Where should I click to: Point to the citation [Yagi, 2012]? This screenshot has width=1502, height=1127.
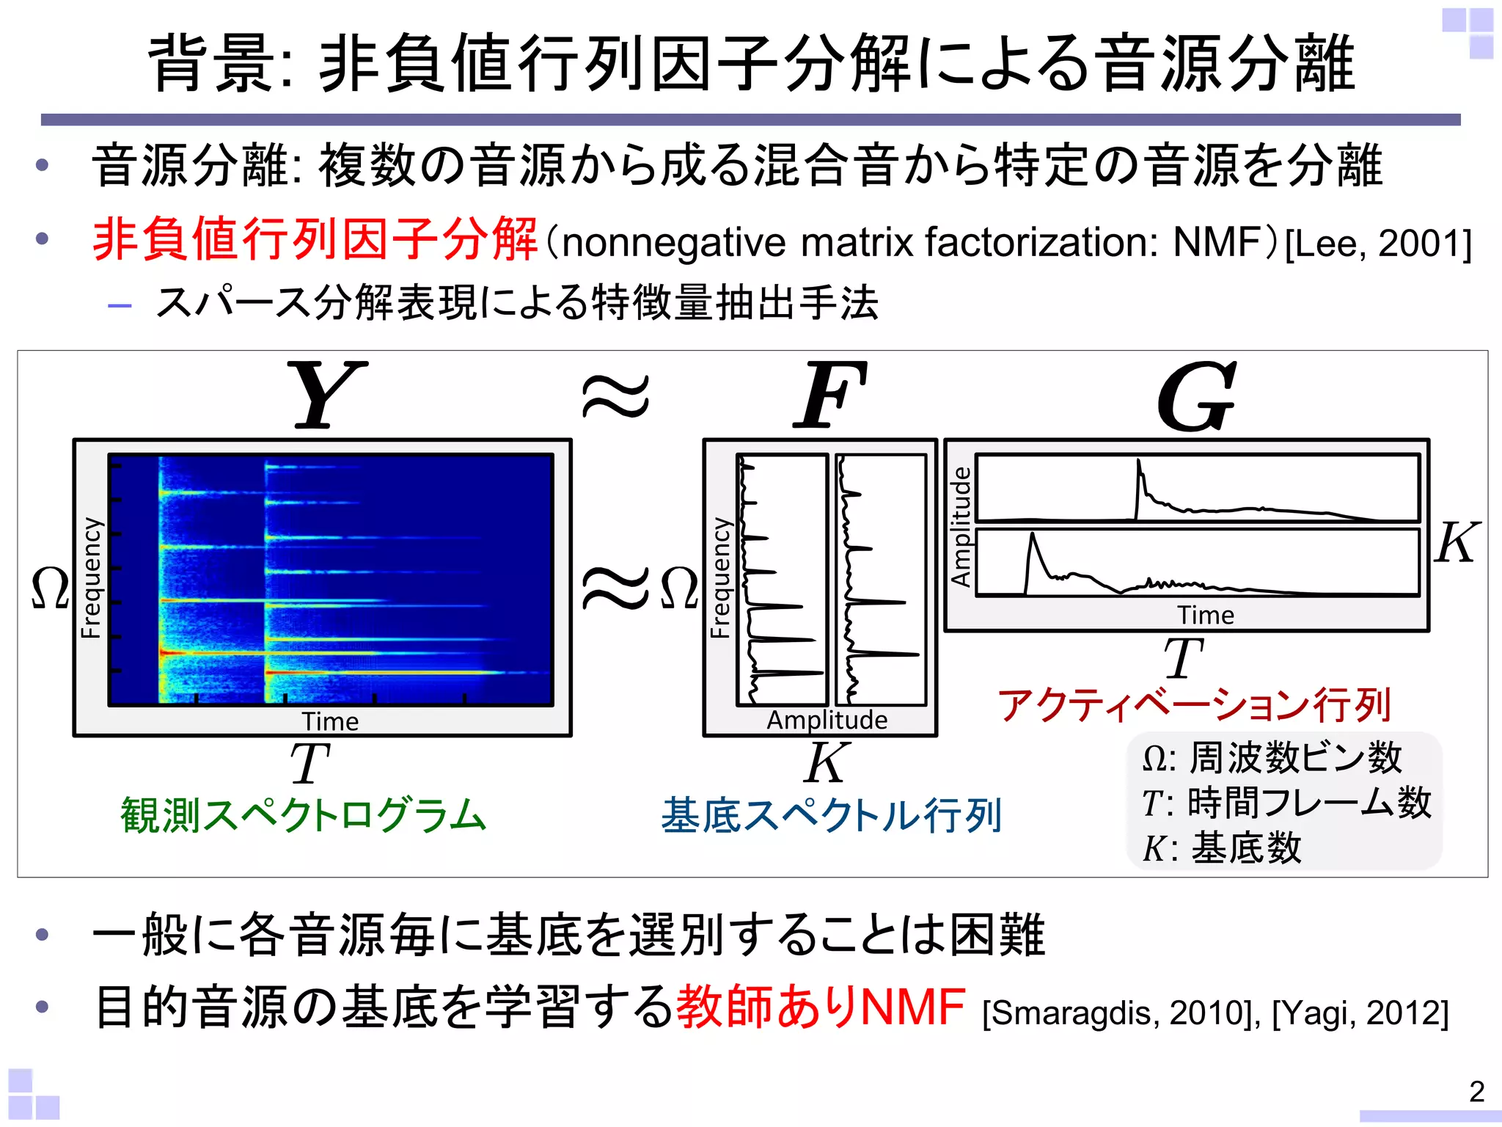[x=1360, y=1013]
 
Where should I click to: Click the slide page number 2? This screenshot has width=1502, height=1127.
[x=1476, y=1092]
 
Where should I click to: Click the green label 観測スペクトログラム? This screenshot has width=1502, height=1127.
[x=304, y=815]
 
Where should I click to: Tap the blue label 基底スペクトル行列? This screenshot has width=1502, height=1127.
[x=831, y=815]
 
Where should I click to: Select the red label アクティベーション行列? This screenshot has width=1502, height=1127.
[x=1194, y=705]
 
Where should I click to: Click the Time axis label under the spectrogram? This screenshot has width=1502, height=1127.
[x=330, y=722]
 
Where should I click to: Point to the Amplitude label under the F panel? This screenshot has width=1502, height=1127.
[x=827, y=721]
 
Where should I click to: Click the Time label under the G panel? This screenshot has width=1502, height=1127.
[x=1206, y=616]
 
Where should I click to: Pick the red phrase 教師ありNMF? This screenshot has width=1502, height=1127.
[x=820, y=1007]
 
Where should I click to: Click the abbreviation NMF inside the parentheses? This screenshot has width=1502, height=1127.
[x=1216, y=242]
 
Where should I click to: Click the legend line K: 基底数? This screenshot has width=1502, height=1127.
[x=1222, y=848]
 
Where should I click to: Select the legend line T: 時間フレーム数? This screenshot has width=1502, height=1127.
[x=1286, y=803]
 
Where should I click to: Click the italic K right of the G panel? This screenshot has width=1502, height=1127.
[x=1457, y=543]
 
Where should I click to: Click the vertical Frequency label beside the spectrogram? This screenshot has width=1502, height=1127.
[x=91, y=578]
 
